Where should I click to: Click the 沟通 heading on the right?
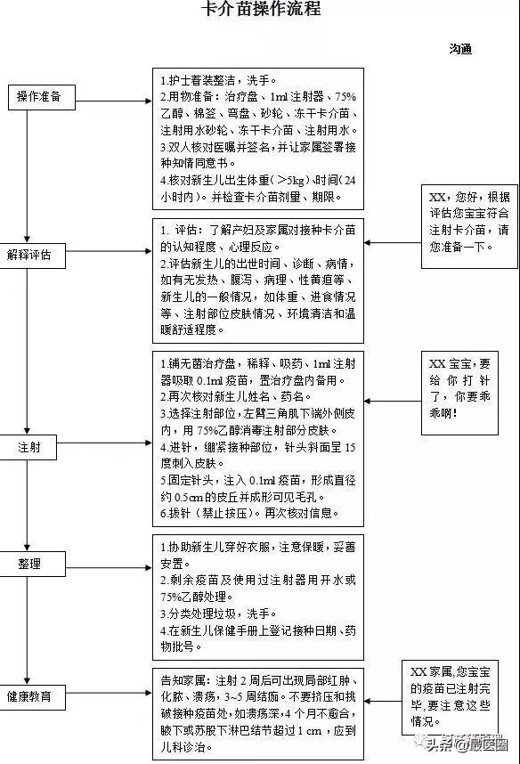[459, 48]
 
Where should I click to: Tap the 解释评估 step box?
[29, 255]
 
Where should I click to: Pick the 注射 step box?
[29, 446]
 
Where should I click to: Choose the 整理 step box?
[29, 564]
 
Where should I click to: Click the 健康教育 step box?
[29, 695]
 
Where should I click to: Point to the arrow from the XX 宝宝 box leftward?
[392, 402]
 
